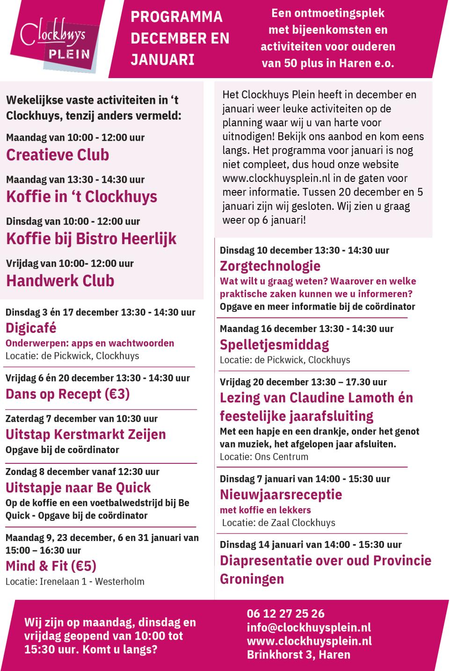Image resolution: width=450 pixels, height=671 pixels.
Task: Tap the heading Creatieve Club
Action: pyautogui.click(x=58, y=155)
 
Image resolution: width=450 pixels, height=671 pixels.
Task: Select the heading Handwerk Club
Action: pyautogui.click(x=60, y=281)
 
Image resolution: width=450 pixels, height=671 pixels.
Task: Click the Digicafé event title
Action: pyautogui.click(x=31, y=328)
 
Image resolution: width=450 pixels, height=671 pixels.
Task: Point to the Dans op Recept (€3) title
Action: pyautogui.click(x=67, y=394)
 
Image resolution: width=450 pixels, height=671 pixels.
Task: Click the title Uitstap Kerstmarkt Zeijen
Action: pyautogui.click(x=86, y=434)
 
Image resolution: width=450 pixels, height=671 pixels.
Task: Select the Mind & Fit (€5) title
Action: pyautogui.click(x=51, y=566)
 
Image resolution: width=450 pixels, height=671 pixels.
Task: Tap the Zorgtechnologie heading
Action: pyautogui.click(x=270, y=266)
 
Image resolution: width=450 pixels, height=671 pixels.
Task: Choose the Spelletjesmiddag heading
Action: pyautogui.click(x=274, y=345)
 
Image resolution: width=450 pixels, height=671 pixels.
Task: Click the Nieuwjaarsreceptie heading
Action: pyautogui.click(x=281, y=494)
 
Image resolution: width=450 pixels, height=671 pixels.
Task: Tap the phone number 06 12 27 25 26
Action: pyautogui.click(x=285, y=613)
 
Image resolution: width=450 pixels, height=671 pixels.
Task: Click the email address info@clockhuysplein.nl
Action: pyautogui.click(x=309, y=627)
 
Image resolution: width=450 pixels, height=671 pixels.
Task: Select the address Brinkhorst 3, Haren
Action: pyautogui.click(x=298, y=654)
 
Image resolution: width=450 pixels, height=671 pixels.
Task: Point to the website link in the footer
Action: pyautogui.click(x=309, y=641)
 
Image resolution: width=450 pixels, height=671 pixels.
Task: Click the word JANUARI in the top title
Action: pyautogui.click(x=162, y=60)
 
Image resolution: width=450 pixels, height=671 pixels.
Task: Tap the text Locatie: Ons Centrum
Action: pyautogui.click(x=264, y=457)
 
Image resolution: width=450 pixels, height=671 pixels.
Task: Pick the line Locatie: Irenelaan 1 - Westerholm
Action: pyautogui.click(x=75, y=582)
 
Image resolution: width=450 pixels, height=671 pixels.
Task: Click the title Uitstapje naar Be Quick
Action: pyautogui.click(x=78, y=488)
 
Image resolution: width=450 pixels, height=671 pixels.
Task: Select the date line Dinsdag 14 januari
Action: pyautogui.click(x=311, y=544)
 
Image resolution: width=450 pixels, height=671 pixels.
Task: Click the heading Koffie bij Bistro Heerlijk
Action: pyautogui.click(x=91, y=238)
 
